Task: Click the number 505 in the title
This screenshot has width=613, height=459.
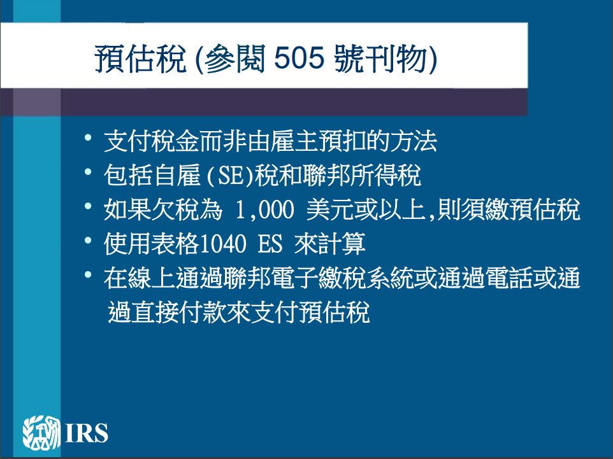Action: (299, 59)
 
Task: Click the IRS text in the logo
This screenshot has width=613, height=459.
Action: (87, 433)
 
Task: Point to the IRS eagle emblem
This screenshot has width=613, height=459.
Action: (41, 432)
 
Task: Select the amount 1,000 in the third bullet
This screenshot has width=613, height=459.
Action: (264, 210)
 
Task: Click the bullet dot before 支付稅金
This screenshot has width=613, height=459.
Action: (88, 138)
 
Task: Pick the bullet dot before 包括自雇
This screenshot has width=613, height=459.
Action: (88, 171)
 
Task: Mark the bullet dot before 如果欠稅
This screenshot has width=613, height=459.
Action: (88, 206)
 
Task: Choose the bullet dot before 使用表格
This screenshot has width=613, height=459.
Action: (88, 240)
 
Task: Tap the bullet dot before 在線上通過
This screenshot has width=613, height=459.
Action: (88, 274)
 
